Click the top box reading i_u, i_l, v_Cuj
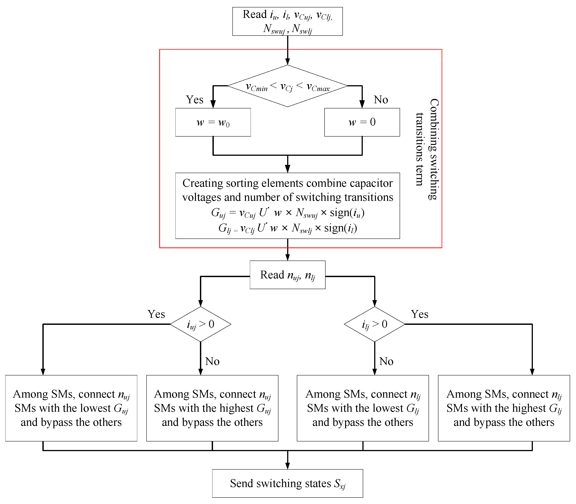pyautogui.click(x=288, y=21)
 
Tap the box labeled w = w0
pyautogui.click(x=213, y=122)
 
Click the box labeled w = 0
pyautogui.click(x=362, y=122)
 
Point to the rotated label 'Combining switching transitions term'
pyautogui.click(x=427, y=149)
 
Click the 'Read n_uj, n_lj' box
pyautogui.click(x=288, y=275)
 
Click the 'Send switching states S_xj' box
pyautogui.click(x=288, y=483)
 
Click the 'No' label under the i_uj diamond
pyautogui.click(x=212, y=361)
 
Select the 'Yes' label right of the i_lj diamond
pyautogui.click(x=419, y=314)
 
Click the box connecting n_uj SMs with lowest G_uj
pyautogui.click(x=71, y=408)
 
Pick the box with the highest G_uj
pyautogui.click(x=212, y=408)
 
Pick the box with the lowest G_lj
pyautogui.click(x=363, y=408)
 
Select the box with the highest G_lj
pyautogui.click(x=504, y=408)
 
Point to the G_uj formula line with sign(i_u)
pyautogui.click(x=288, y=213)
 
